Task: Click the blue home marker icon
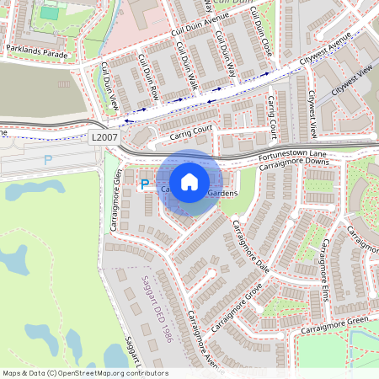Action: pyautogui.click(x=189, y=181)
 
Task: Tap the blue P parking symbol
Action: pyautogui.click(x=144, y=184)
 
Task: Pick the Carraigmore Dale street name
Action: pyautogui.click(x=249, y=244)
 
